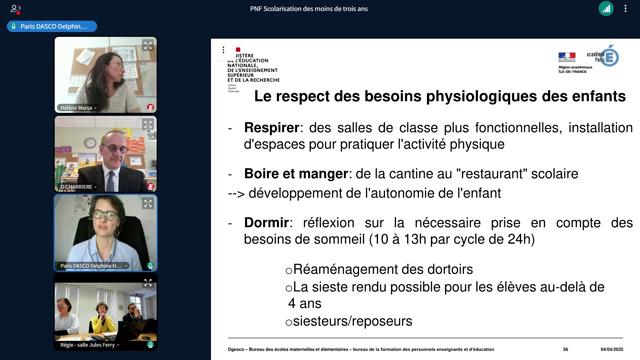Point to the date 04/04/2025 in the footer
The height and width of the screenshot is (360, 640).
(611, 349)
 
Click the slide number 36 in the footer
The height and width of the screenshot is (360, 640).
(565, 349)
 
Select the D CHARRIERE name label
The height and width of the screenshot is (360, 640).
(77, 186)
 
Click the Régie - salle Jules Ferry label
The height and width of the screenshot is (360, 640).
(88, 345)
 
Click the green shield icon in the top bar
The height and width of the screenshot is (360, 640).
(606, 9)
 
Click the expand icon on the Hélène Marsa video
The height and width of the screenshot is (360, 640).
(147, 45)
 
